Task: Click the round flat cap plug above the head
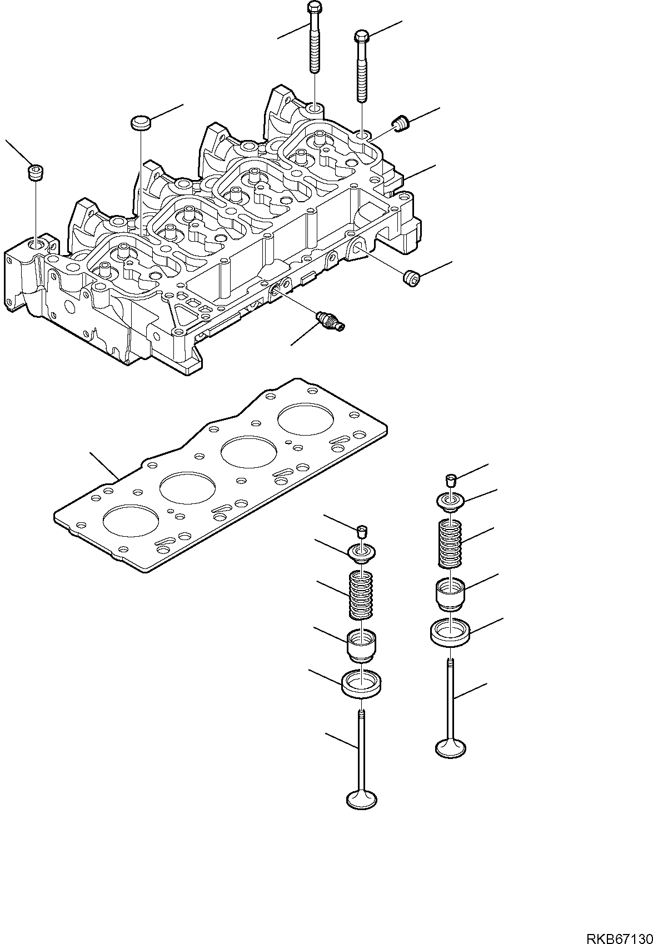tap(141, 122)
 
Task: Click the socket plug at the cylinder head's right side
tap(411, 277)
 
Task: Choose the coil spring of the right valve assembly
tap(451, 543)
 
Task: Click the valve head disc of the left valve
tap(361, 799)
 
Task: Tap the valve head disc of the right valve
tap(451, 748)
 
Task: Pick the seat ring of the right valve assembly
tap(451, 632)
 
